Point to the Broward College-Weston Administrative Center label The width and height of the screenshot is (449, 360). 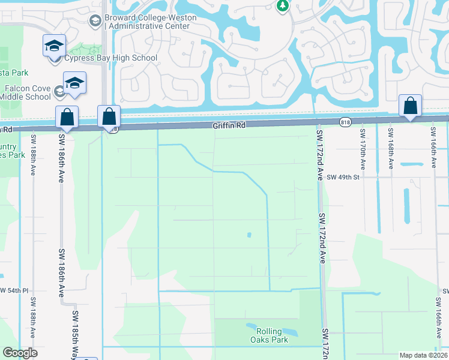149,22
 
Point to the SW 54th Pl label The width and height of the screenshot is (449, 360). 14,290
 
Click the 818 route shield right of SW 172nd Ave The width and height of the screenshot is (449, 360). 345,122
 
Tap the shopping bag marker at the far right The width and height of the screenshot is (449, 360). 410,106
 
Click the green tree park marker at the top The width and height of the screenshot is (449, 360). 282,6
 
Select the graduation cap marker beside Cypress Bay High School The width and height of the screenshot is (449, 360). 54,46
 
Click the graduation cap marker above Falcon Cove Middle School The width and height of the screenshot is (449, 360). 75,83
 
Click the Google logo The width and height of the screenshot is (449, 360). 20,353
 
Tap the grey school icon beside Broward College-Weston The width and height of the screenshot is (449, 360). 95,22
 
